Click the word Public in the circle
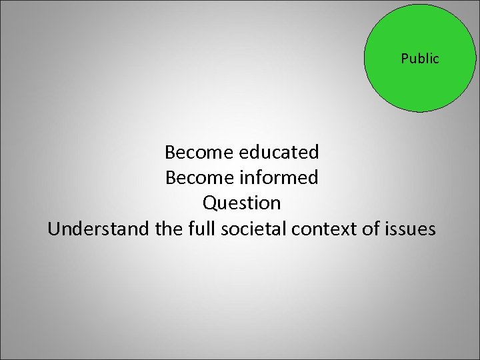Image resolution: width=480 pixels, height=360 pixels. click(420, 59)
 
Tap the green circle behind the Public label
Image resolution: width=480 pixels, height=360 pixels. click(420, 87)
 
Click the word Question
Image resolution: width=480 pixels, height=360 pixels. click(241, 203)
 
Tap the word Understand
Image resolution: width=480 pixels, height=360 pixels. click(99, 229)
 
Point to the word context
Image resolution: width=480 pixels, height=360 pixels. click(317, 229)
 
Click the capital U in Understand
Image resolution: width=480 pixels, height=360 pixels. click(53, 229)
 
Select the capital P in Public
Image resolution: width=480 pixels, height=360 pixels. click(404, 59)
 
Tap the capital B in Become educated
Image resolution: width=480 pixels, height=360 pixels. click(169, 152)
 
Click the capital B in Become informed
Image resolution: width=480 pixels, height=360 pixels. click(170, 177)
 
